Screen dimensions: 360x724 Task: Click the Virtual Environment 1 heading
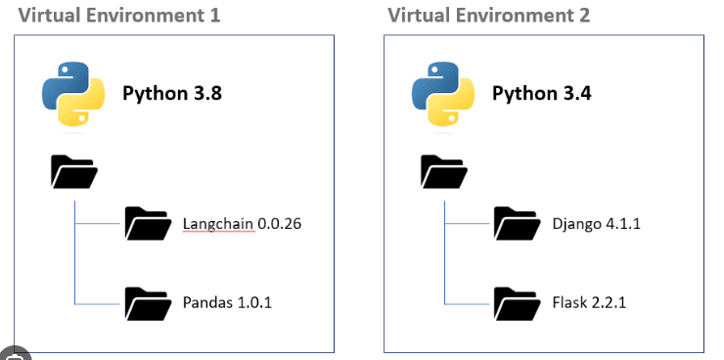[118, 16]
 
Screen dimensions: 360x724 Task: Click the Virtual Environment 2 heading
[488, 16]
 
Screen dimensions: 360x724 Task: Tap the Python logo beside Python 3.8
[73, 93]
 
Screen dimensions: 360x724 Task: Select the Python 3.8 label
[172, 93]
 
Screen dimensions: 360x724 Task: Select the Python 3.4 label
[541, 93]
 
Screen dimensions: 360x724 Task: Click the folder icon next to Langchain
[148, 224]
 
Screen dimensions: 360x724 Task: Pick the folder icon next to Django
[518, 224]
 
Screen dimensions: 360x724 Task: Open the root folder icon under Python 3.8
[73, 172]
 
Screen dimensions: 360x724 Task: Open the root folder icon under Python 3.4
[443, 172]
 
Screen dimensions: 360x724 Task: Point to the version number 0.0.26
[280, 224]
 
